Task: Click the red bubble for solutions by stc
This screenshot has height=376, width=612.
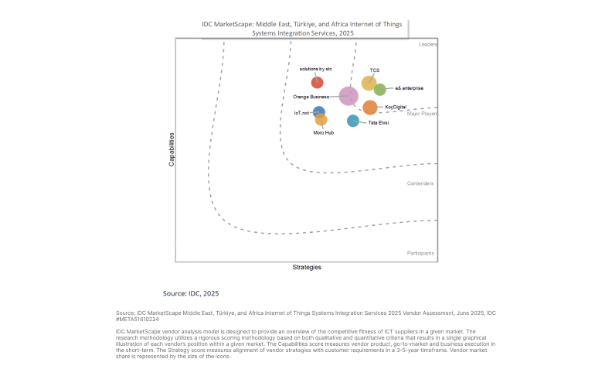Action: [x=317, y=83]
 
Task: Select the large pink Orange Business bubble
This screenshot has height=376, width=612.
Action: [x=348, y=96]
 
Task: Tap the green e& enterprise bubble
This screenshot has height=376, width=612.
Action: [x=380, y=90]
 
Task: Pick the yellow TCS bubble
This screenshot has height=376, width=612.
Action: [x=369, y=83]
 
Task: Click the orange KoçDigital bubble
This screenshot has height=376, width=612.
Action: [x=370, y=108]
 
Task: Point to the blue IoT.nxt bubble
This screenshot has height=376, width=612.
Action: [x=319, y=112]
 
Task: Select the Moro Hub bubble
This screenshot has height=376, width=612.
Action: [x=321, y=120]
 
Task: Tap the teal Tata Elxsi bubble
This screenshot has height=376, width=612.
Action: [x=353, y=121]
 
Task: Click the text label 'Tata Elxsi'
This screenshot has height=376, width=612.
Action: [x=378, y=123]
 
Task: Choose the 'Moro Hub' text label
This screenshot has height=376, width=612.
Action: [x=323, y=132]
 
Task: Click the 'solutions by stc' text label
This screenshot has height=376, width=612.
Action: [x=315, y=69]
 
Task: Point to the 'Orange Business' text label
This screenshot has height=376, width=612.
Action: [x=311, y=97]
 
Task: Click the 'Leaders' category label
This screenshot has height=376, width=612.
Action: [x=428, y=45]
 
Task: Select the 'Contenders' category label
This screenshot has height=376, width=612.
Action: [x=420, y=183]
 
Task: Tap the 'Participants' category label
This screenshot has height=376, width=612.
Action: [x=420, y=253]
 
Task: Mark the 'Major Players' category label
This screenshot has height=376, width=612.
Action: [x=422, y=114]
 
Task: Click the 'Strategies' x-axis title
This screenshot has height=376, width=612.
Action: [x=307, y=268]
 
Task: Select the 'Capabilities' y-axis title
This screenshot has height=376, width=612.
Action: [x=172, y=149]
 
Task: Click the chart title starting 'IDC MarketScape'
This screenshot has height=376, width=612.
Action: [x=302, y=29]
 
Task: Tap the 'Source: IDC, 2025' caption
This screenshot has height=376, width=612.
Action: [x=191, y=294]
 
